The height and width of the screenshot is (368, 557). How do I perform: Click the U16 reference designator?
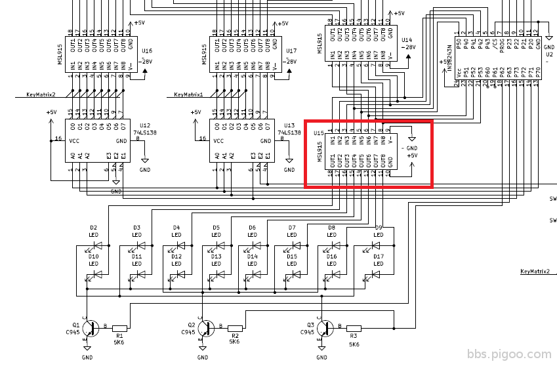tap(146, 51)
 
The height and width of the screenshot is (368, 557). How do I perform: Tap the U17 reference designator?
tap(291, 51)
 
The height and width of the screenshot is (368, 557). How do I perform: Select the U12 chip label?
tap(144, 124)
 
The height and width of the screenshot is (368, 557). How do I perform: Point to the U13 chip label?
tap(289, 124)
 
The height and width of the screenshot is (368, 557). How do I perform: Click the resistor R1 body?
tap(119, 327)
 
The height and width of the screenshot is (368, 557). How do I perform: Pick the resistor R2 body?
tap(235, 328)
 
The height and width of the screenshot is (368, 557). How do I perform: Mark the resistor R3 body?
tap(354, 328)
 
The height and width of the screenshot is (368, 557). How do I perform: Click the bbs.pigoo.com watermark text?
tap(509, 354)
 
